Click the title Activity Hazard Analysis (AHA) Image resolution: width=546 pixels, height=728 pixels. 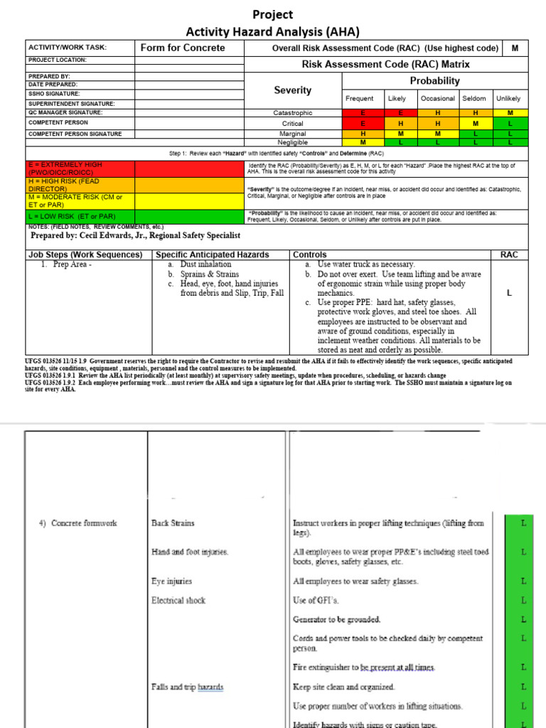[x=273, y=31]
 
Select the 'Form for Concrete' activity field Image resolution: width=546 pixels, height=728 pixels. [x=183, y=48]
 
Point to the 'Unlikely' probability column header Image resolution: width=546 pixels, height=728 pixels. [x=508, y=98]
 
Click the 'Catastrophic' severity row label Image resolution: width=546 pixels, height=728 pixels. [x=292, y=112]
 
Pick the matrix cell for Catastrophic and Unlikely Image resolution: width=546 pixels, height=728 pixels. [x=510, y=112]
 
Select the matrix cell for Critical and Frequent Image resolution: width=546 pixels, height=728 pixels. [x=363, y=123]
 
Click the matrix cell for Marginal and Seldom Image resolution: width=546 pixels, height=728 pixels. [x=476, y=133]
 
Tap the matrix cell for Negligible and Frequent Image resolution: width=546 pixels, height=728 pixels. [x=363, y=142]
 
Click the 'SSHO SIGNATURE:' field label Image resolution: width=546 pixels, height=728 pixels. [x=54, y=93]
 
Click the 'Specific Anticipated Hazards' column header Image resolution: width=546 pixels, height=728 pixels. [x=212, y=255]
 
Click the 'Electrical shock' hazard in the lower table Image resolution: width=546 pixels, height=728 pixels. [x=178, y=600]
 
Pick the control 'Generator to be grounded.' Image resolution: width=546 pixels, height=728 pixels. [x=336, y=619]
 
